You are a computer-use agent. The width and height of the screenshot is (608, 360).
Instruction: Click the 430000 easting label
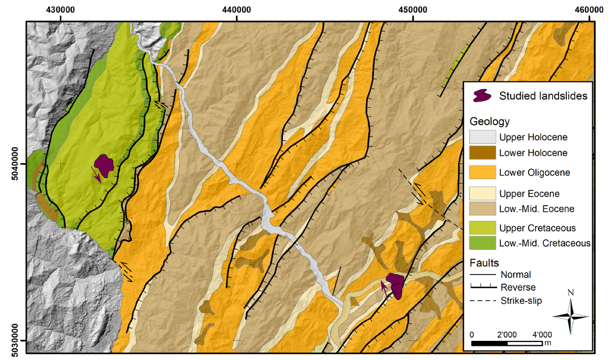(x=60, y=10)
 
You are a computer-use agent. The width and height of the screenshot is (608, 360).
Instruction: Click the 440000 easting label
(x=236, y=10)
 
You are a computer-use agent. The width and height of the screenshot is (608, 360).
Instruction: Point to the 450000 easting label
(x=413, y=10)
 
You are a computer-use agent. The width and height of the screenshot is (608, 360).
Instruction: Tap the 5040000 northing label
(x=15, y=163)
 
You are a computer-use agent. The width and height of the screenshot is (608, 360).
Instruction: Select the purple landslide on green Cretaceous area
(x=104, y=165)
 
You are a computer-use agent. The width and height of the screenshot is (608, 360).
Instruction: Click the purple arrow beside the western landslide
(x=96, y=175)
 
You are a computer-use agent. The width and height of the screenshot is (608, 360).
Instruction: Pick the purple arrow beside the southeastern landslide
(x=384, y=289)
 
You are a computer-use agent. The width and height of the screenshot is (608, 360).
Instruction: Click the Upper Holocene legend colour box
(x=482, y=137)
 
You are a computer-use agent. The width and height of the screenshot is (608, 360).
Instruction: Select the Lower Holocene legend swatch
(x=482, y=153)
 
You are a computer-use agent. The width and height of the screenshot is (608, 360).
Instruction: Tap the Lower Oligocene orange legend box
(x=482, y=173)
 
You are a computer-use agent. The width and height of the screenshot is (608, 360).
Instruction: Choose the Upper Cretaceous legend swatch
(x=482, y=228)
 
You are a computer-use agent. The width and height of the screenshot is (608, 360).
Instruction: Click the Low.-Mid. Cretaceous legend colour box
(x=482, y=243)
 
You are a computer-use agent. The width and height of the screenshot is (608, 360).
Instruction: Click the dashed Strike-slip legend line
(x=483, y=301)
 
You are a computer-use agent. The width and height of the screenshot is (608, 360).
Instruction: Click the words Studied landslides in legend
(x=543, y=96)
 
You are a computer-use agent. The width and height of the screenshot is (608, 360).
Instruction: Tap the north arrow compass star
(x=571, y=316)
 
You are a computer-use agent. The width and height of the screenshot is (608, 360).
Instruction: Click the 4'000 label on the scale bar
(x=542, y=335)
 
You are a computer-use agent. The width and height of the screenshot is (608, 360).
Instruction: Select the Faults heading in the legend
(x=484, y=263)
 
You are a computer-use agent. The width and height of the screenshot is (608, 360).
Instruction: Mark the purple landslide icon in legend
(x=482, y=96)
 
